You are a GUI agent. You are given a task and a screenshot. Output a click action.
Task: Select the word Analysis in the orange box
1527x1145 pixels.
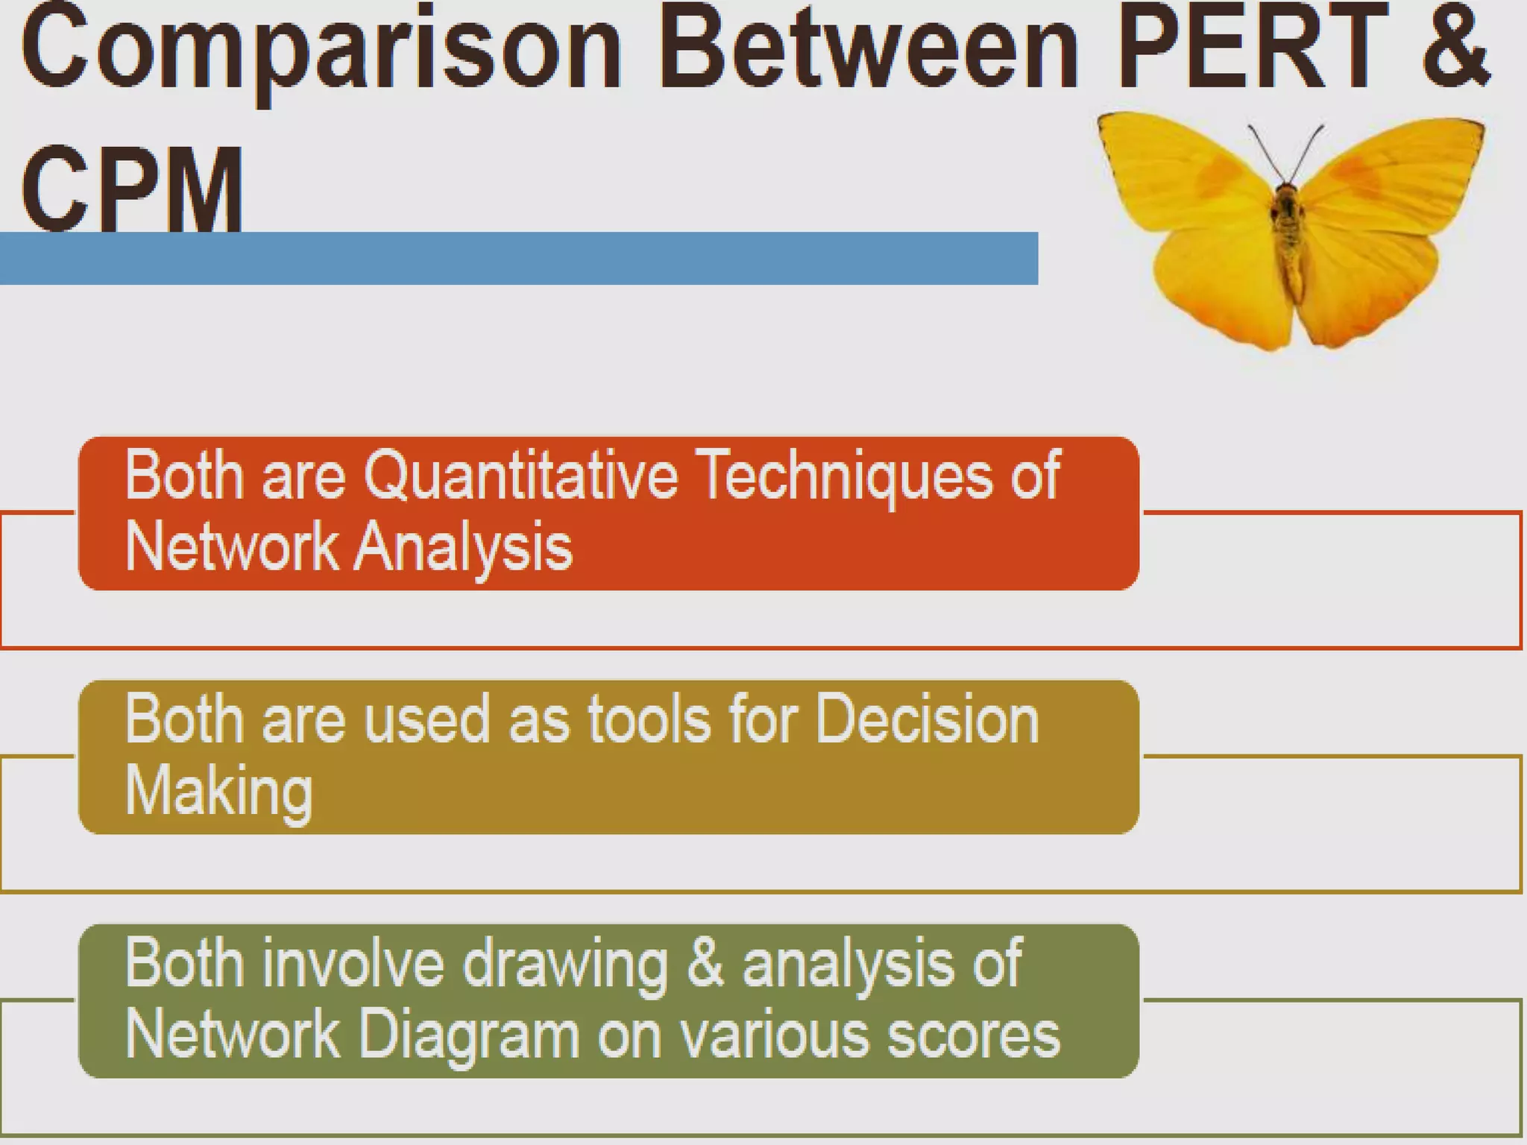tap(462, 549)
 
